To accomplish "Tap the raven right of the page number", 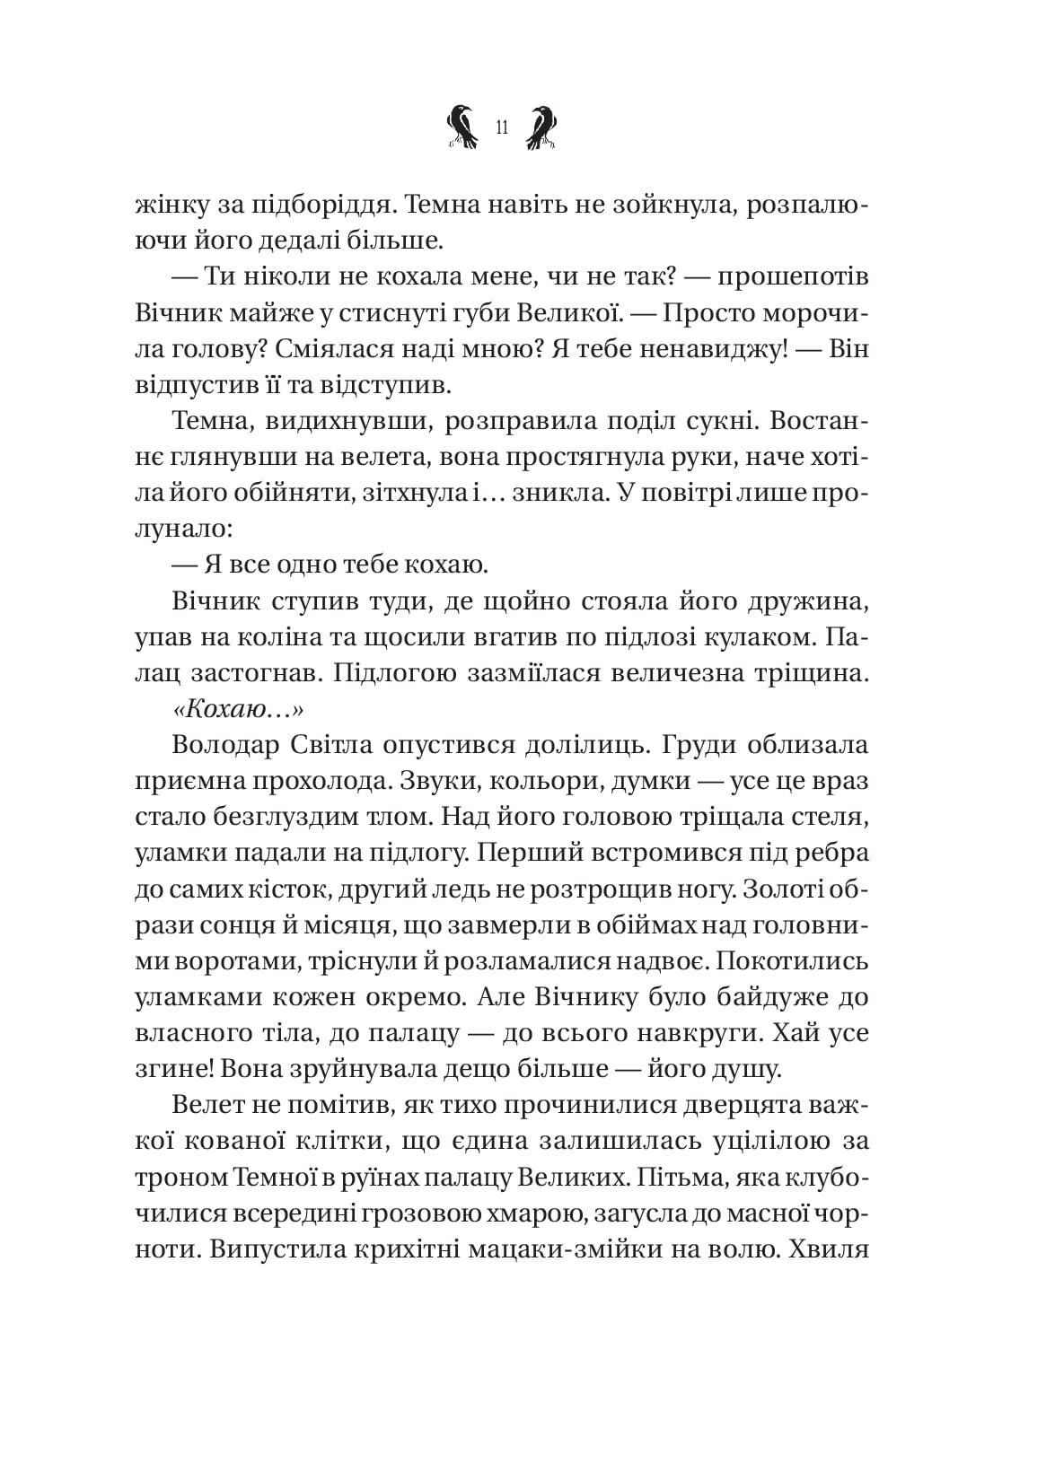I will click(x=541, y=127).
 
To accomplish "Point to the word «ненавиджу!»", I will click(x=715, y=349).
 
